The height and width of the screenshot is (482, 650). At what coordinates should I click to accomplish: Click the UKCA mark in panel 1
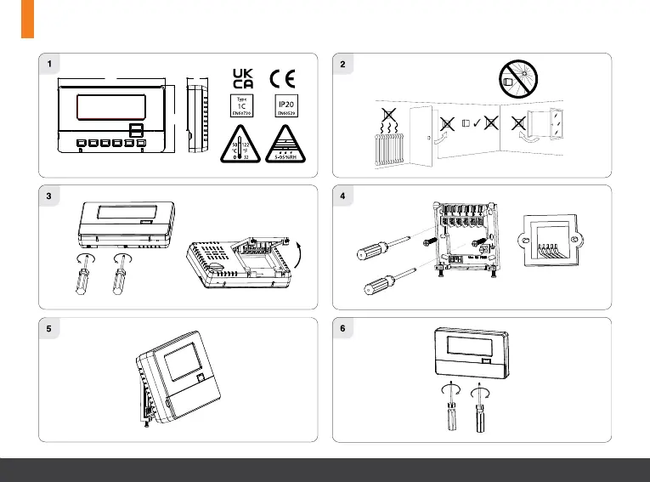coord(243,77)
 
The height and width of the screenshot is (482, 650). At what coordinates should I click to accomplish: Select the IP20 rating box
coord(285,106)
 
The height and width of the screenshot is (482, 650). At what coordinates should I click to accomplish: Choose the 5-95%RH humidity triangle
coord(286,143)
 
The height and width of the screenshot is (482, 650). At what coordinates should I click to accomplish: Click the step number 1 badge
coord(50,64)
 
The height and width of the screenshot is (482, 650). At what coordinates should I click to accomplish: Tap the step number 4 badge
coord(342,196)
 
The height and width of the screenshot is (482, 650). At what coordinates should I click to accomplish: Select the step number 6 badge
coord(342,328)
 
